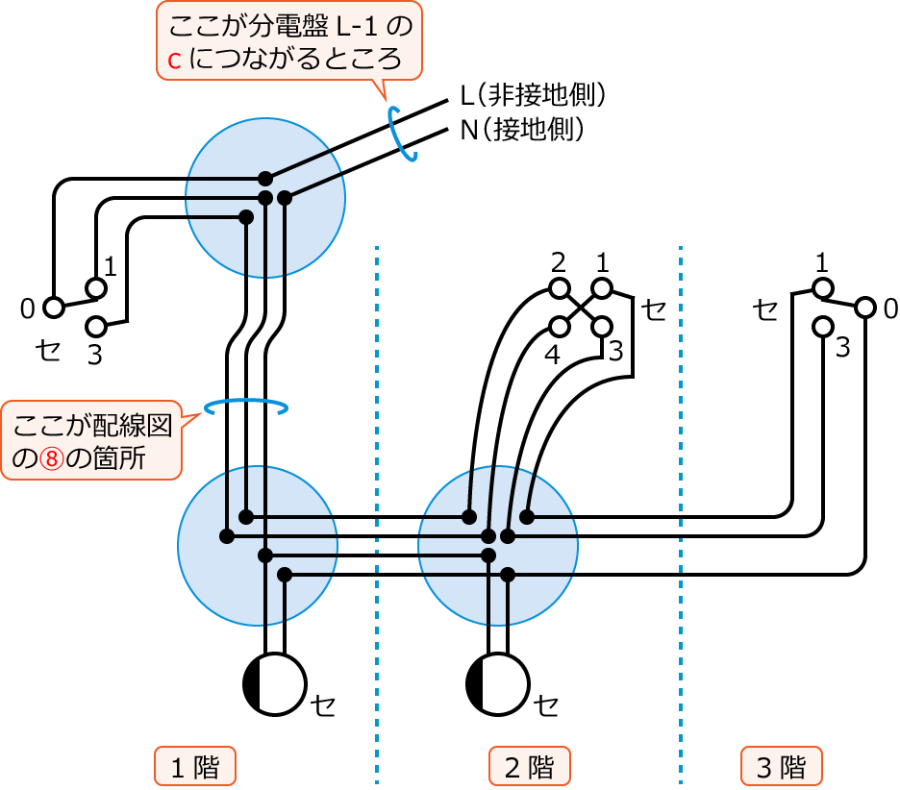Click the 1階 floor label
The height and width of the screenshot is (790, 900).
click(x=195, y=766)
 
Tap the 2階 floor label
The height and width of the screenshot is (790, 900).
click(x=529, y=766)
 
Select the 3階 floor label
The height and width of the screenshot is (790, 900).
click(x=781, y=766)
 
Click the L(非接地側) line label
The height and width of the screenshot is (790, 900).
click(x=533, y=95)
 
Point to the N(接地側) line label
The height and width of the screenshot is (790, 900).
click(x=522, y=130)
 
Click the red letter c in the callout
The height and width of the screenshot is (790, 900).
click(x=174, y=61)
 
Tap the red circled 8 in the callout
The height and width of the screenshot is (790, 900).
click(x=52, y=458)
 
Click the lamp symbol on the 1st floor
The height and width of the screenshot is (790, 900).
click(x=274, y=684)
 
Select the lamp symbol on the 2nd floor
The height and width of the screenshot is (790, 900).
click(x=497, y=684)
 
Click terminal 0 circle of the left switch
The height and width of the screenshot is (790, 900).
click(x=54, y=308)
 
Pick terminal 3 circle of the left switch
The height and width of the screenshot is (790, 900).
click(x=96, y=327)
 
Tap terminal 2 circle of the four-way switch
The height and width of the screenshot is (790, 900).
click(x=559, y=288)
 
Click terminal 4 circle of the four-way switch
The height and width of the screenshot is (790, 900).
click(x=559, y=327)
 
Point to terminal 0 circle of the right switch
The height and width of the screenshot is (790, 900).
click(x=865, y=308)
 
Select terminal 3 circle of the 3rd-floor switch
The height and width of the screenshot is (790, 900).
click(x=822, y=327)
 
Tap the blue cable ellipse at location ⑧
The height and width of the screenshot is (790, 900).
click(x=245, y=407)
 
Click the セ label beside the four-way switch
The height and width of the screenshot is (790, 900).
click(x=653, y=309)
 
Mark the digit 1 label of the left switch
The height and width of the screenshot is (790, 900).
click(x=111, y=267)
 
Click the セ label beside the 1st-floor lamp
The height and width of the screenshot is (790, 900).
click(x=322, y=705)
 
